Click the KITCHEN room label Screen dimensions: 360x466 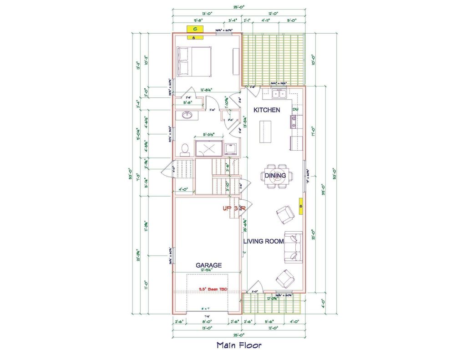pos(267,110)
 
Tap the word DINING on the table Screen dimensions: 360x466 pos(275,176)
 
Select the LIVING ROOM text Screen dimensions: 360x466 pos(263,241)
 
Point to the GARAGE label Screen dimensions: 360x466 pos(209,265)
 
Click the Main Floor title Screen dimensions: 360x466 pos(239,345)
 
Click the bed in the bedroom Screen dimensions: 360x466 pos(195,62)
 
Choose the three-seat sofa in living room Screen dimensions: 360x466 pos(294,247)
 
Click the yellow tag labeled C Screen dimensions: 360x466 pos(195,29)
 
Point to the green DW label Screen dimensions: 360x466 pos(295,110)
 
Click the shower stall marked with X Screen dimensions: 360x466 pos(209,148)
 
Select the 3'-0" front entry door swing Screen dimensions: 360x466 pos(254,286)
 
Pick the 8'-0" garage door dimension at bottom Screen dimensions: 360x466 pos(207,321)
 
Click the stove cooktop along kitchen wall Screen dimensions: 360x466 pos(294,122)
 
